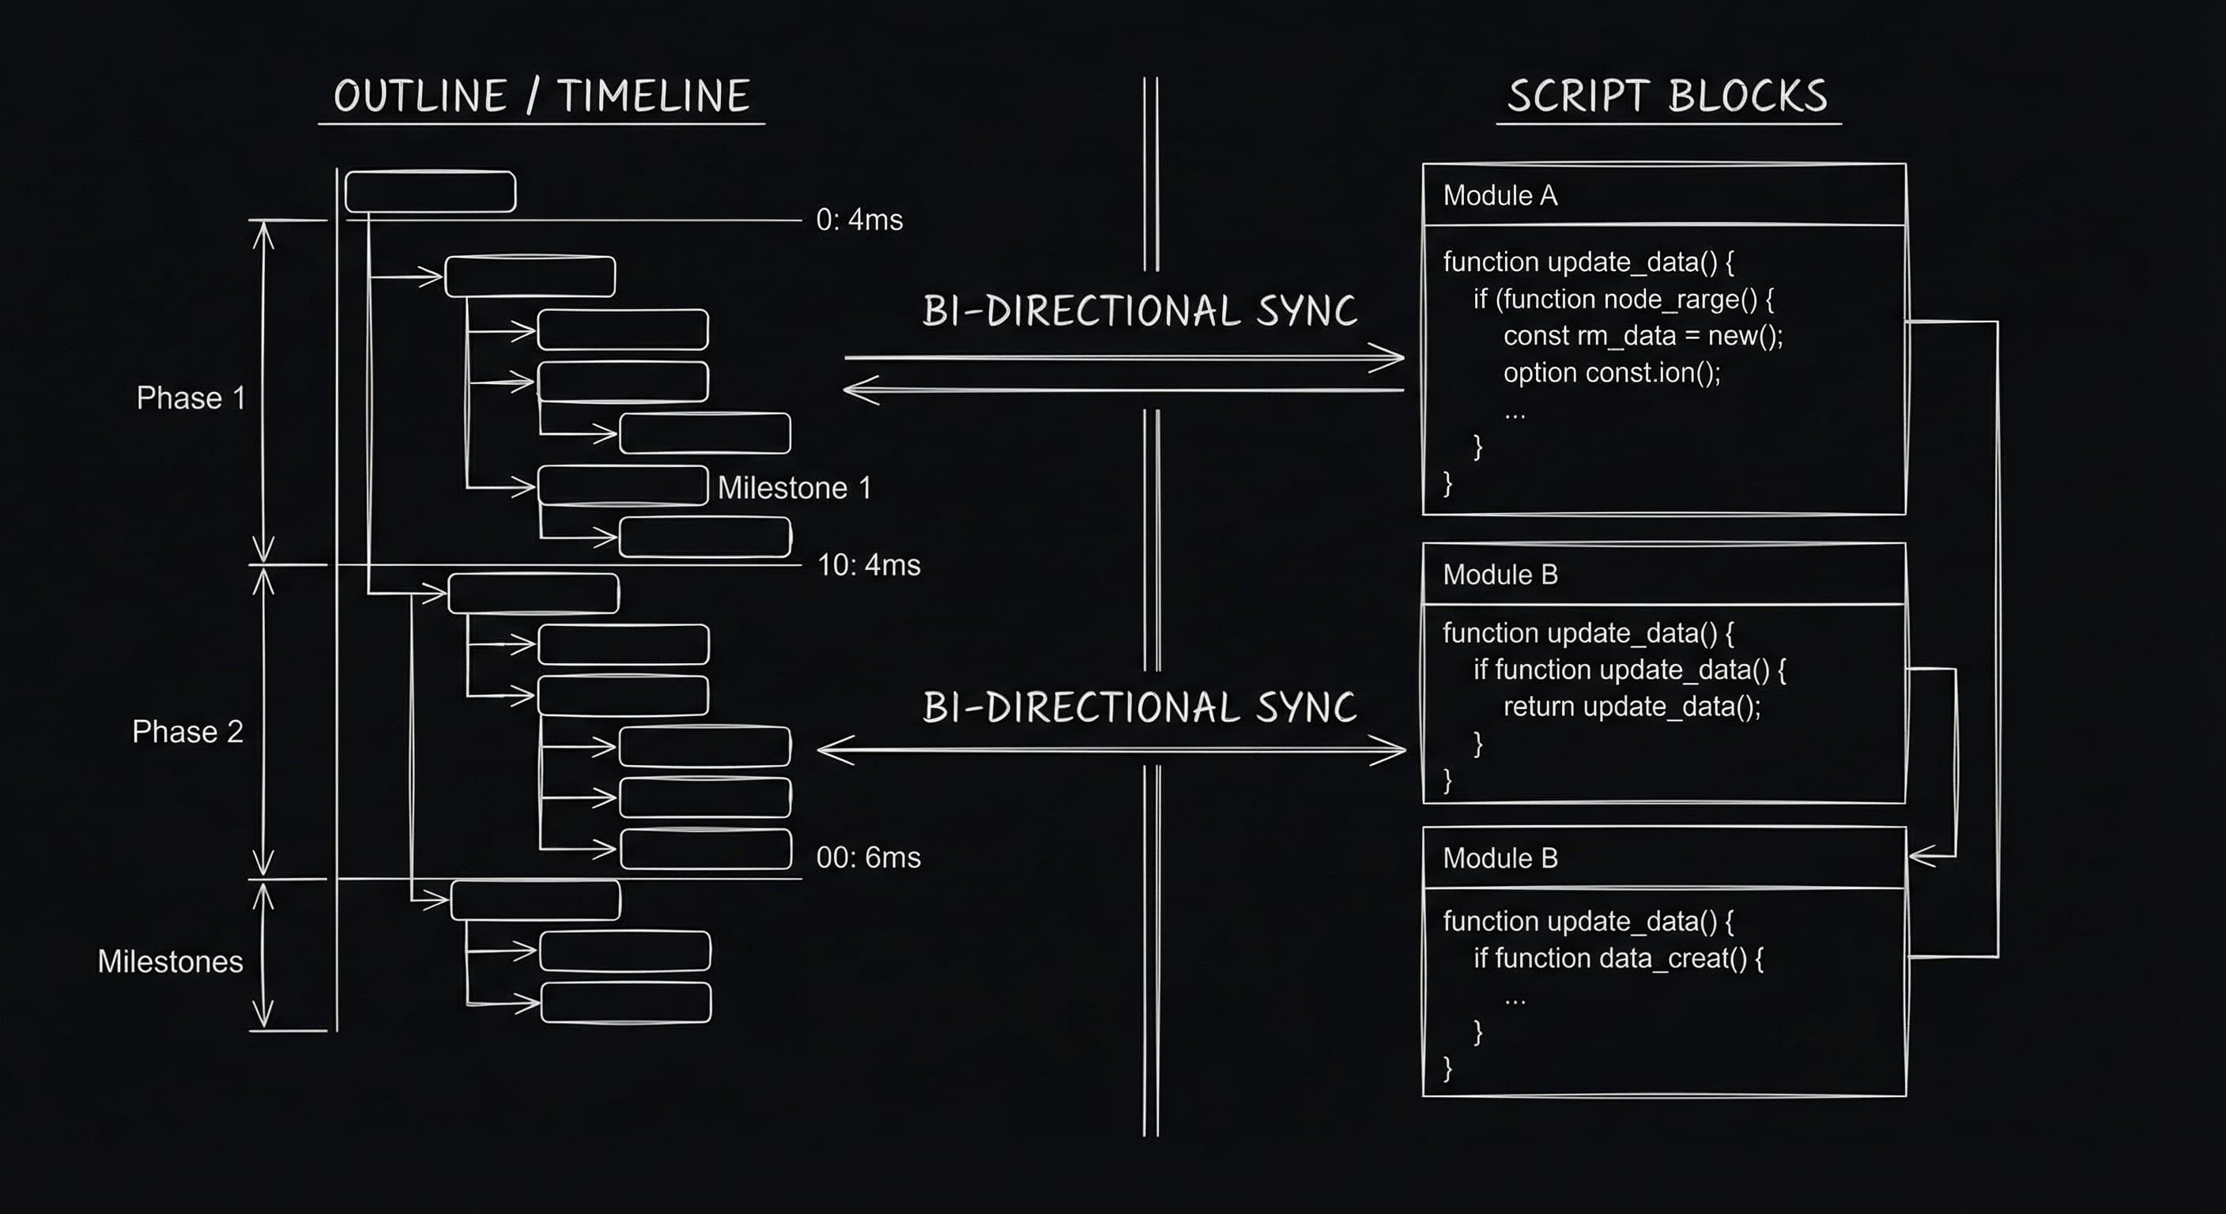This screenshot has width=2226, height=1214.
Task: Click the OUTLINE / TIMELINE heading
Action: (x=541, y=96)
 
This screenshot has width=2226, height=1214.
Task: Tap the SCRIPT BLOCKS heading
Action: (x=1667, y=96)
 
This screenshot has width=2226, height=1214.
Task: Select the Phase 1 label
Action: (x=191, y=398)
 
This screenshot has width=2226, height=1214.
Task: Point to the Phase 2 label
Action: (x=187, y=732)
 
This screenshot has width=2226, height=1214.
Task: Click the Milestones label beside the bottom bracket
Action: (x=170, y=962)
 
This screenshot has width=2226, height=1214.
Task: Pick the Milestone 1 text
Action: (x=794, y=488)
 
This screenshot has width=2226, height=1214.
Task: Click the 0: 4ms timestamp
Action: (x=859, y=221)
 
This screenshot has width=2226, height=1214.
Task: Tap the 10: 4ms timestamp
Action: (x=869, y=565)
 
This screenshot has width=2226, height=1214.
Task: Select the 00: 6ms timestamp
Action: (x=869, y=858)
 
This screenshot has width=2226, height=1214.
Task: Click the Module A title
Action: (x=1500, y=196)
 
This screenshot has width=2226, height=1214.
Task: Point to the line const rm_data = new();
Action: (x=1643, y=336)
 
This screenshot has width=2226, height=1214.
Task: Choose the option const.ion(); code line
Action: (x=1612, y=373)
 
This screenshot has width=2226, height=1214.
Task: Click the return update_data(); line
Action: (x=1632, y=707)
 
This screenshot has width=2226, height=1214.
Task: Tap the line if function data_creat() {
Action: (x=1617, y=958)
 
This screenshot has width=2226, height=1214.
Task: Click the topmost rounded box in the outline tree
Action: (x=430, y=192)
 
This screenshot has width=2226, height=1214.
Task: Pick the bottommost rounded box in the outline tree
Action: (x=625, y=1002)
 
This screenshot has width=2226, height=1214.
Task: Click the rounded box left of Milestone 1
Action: (x=622, y=485)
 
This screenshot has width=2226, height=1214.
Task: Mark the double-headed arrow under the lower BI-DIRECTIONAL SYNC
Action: (x=1111, y=750)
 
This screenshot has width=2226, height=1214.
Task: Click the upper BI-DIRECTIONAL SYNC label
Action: (x=1139, y=311)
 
